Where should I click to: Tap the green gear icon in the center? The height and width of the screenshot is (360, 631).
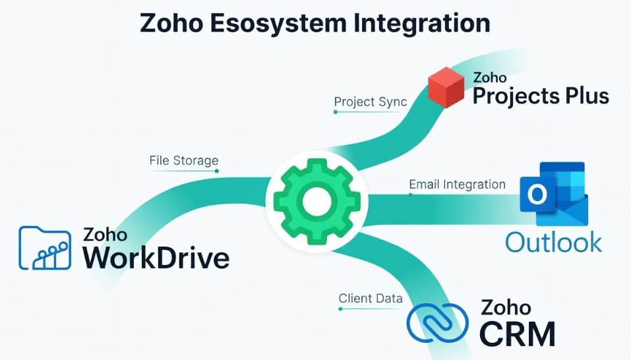[312, 198]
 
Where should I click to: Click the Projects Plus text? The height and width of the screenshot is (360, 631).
[541, 96]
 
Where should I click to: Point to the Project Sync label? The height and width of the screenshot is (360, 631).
[370, 102]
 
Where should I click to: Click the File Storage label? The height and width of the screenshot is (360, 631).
[183, 160]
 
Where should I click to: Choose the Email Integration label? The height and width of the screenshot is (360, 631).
[457, 185]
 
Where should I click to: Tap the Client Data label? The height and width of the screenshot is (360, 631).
[370, 298]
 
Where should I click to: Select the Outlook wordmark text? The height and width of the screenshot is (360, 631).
[554, 241]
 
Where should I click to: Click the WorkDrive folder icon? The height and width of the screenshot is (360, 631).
[45, 248]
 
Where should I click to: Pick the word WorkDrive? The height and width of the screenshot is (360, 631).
[156, 257]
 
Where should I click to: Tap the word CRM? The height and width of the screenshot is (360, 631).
[517, 334]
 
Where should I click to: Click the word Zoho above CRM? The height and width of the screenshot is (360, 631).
[506, 307]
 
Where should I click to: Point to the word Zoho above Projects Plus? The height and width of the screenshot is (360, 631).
[490, 78]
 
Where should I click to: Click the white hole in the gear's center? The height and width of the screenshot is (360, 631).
[312, 198]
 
